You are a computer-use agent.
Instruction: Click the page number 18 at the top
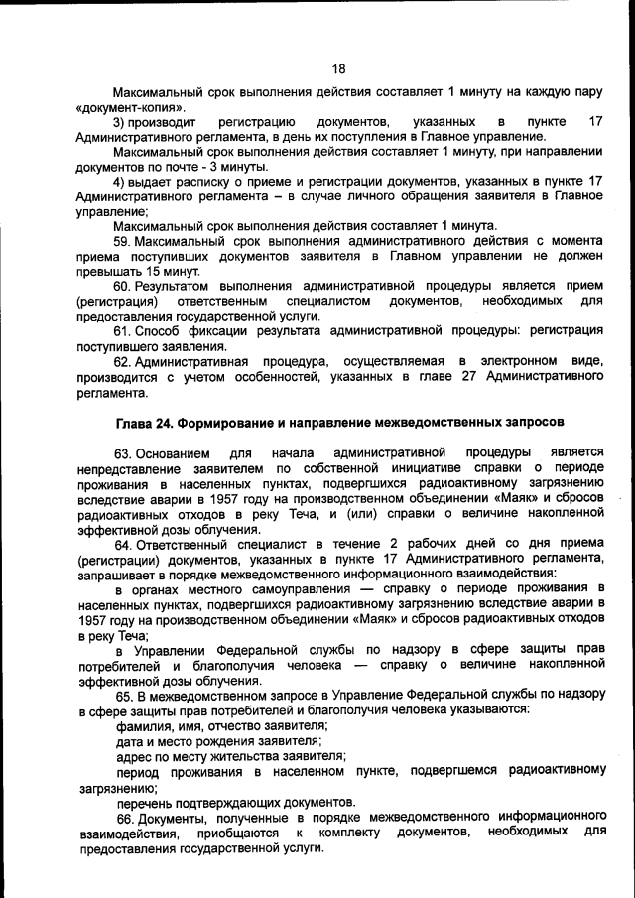(338, 68)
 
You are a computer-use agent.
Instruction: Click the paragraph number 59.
(122, 241)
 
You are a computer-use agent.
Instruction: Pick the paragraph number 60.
(122, 286)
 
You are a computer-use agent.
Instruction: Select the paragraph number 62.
(122, 362)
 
